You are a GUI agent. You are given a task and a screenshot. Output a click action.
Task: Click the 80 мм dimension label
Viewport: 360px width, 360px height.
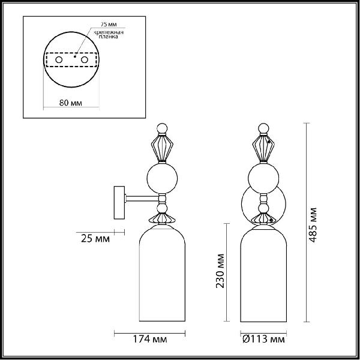click(x=70, y=103)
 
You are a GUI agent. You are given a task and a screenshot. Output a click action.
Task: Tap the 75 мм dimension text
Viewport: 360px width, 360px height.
click(x=109, y=25)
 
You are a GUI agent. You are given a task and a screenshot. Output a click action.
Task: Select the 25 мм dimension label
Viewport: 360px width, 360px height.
click(x=95, y=239)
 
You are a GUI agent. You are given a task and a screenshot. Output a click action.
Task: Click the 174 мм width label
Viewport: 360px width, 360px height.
click(x=150, y=339)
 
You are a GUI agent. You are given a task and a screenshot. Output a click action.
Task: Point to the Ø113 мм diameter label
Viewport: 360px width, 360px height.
click(x=263, y=339)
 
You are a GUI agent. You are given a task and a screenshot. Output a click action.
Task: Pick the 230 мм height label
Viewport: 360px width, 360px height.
click(x=220, y=271)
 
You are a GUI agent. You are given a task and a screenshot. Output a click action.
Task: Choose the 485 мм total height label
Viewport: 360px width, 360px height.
click(x=313, y=225)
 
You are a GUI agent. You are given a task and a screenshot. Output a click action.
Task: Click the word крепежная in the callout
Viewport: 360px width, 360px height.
click(x=109, y=32)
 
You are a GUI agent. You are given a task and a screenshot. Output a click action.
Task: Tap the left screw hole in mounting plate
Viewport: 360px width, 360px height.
click(x=59, y=60)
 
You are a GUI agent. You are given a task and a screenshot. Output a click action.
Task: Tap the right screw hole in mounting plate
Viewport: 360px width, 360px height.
click(x=84, y=60)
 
